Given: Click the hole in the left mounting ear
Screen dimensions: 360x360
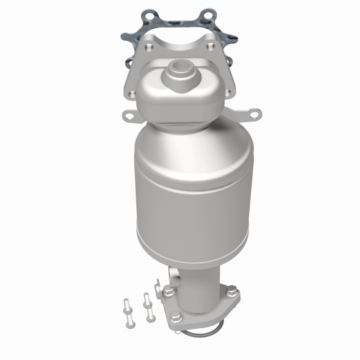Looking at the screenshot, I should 130,116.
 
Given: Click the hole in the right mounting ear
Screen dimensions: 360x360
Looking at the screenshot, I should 254,112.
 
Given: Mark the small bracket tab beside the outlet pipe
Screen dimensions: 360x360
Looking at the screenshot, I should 158,283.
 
